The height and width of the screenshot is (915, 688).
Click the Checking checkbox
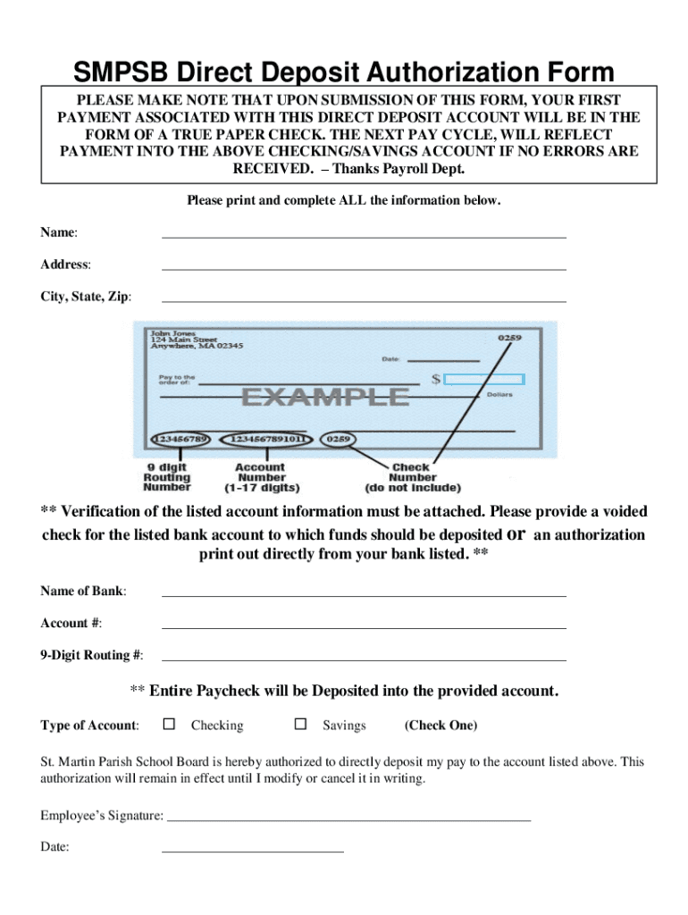point(169,724)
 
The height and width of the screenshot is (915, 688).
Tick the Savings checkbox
point(301,724)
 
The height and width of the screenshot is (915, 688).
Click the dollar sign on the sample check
point(436,379)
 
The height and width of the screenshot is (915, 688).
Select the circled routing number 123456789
point(181,440)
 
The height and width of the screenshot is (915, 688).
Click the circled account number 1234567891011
point(270,440)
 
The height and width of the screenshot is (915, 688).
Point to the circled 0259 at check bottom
point(340,440)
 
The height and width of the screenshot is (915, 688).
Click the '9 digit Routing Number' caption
point(167,477)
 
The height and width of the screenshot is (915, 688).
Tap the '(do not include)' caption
point(412,488)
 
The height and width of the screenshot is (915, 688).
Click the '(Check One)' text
point(440,725)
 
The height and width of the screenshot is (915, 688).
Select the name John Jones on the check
point(172,333)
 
